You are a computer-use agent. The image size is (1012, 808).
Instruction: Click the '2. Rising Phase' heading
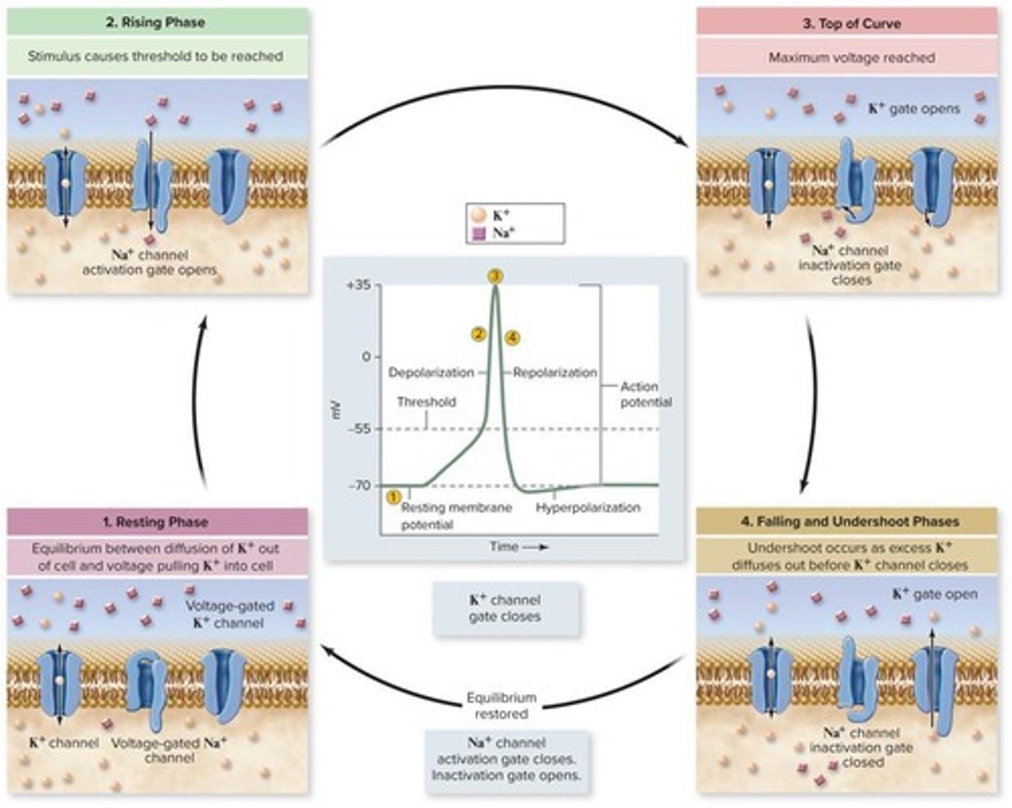click(155, 23)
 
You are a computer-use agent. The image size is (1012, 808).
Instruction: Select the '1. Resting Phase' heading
click(155, 522)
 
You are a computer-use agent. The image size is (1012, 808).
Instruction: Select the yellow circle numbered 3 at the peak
click(495, 276)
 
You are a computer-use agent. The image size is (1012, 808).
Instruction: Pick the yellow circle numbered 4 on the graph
click(513, 338)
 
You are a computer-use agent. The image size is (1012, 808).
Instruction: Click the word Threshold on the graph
click(426, 402)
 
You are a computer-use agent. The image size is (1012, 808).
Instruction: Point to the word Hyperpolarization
click(588, 507)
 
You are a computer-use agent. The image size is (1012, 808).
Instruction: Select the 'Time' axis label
click(504, 546)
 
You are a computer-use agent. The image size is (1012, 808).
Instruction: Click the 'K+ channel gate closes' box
click(505, 608)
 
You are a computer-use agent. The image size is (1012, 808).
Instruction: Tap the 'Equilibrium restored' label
click(501, 705)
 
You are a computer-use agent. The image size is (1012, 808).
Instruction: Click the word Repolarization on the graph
click(554, 373)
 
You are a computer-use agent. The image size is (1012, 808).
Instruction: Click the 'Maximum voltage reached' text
click(851, 58)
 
